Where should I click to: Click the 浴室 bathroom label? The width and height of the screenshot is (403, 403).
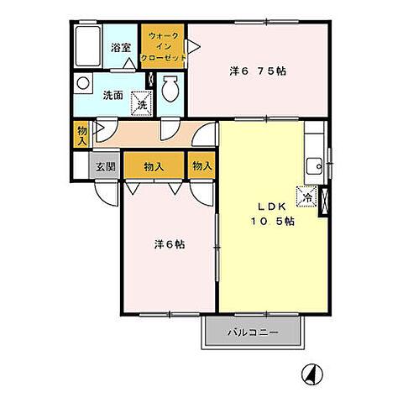[121, 48]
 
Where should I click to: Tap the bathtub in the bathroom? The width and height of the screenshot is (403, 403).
[88, 46]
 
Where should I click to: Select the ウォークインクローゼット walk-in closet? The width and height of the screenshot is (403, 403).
[163, 46]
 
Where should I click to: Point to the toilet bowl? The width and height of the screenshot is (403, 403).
[170, 88]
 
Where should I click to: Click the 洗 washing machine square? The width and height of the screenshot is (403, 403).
[142, 103]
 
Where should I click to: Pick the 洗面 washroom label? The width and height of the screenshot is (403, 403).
[113, 96]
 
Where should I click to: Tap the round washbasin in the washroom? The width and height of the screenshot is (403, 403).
[83, 83]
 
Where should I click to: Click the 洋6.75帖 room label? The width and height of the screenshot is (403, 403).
[258, 71]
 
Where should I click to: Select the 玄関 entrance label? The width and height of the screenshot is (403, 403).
[106, 167]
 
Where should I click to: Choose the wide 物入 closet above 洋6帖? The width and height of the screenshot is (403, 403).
[154, 165]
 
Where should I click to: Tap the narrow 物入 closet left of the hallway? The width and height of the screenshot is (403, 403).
[81, 135]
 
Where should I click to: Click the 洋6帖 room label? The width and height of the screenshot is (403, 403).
[170, 244]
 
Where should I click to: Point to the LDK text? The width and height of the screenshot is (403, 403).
[272, 207]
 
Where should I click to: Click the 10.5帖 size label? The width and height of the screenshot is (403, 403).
[272, 222]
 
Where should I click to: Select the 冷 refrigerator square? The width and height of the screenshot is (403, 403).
[307, 196]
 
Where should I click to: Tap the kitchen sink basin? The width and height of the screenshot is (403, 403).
[314, 166]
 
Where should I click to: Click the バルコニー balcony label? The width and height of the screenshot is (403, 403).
[253, 332]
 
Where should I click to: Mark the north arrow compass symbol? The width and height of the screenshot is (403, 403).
[312, 374]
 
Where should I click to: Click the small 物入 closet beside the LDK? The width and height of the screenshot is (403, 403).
[201, 165]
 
